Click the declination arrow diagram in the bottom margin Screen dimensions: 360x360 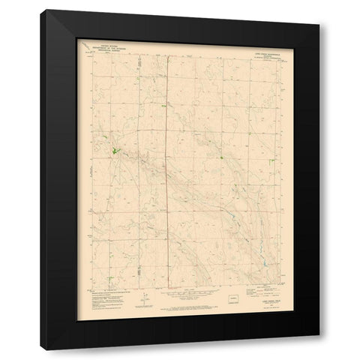143,301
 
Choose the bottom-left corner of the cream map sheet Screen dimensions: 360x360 76,312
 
